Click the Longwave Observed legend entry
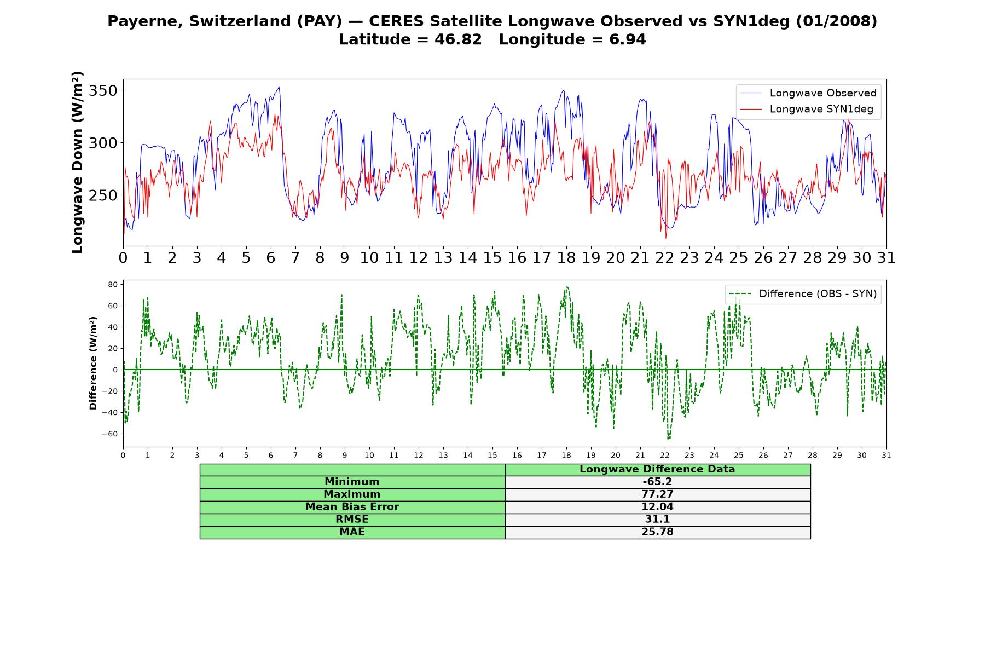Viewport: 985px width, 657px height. click(x=808, y=93)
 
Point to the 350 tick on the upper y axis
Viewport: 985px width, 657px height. click(x=103, y=90)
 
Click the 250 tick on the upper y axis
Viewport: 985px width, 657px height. click(x=103, y=195)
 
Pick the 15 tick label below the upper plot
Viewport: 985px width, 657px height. click(x=493, y=258)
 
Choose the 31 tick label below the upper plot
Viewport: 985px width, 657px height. click(x=887, y=258)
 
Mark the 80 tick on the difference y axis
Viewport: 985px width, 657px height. click(x=113, y=285)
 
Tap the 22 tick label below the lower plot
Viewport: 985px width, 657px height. click(x=665, y=455)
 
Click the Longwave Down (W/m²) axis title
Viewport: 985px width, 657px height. click(x=77, y=162)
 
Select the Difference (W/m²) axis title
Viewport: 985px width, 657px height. click(x=93, y=363)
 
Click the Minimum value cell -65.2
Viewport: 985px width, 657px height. click(x=657, y=482)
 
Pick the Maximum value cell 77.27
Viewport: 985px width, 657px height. click(x=657, y=494)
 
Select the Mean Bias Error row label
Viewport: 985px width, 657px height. click(x=352, y=507)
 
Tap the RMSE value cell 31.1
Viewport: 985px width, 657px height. click(x=657, y=520)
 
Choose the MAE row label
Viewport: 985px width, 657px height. click(x=352, y=532)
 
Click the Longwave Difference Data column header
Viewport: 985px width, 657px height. click(x=657, y=469)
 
